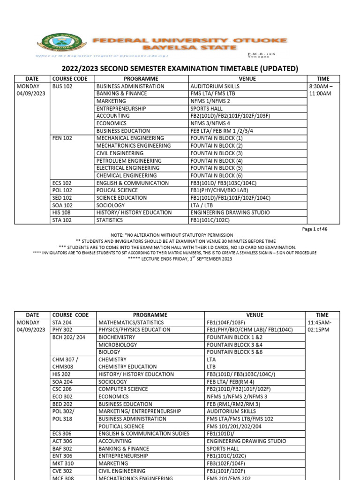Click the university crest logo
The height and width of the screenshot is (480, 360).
(x=59, y=44)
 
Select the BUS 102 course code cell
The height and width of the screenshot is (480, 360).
(x=63, y=86)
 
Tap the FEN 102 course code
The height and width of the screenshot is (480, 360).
(x=63, y=138)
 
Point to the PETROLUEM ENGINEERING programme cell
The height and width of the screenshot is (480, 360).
(x=129, y=161)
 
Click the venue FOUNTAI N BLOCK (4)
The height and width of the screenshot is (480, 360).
(x=217, y=161)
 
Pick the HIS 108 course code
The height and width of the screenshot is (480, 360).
(x=62, y=213)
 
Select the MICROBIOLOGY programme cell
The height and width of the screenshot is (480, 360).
(x=118, y=345)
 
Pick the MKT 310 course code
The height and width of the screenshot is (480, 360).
(x=64, y=463)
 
